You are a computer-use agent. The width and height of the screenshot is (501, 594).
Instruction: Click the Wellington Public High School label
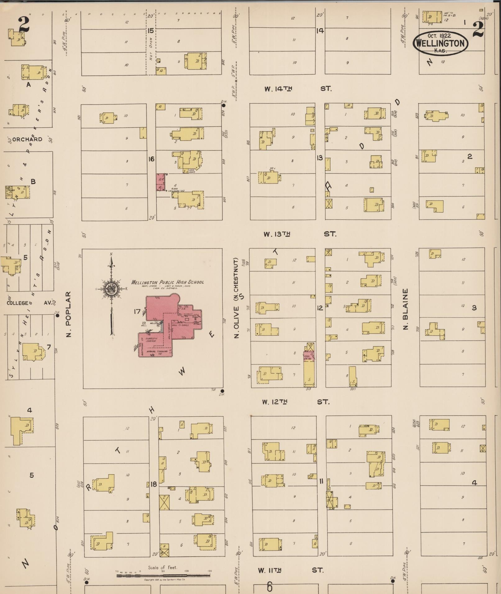coord(168,282)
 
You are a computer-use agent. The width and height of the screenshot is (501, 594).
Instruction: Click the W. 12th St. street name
coord(295,402)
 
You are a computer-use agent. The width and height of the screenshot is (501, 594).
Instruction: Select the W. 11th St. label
coord(290,570)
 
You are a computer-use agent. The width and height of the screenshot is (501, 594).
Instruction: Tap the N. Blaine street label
coord(405,309)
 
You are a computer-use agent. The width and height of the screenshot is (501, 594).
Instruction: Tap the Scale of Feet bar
coord(163,575)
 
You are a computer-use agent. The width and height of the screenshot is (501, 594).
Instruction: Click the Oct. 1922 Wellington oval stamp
coord(440,43)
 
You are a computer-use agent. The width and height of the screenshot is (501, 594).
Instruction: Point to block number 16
coord(151,159)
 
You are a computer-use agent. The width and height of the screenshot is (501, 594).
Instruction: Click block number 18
coord(154,484)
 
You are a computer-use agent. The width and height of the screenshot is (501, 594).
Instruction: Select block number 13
coord(320,158)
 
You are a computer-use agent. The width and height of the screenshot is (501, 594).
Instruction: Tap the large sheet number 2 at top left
coord(24,24)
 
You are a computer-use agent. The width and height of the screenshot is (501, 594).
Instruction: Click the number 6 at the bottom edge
coord(270,587)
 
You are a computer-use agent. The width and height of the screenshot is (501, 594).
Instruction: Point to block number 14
coord(320,31)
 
